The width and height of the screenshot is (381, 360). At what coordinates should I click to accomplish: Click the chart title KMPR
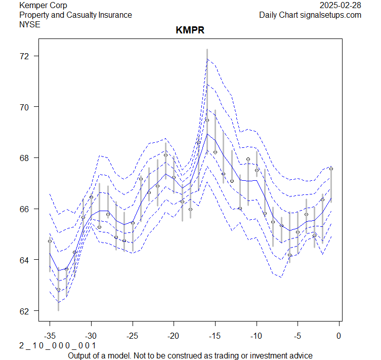coord(190,30)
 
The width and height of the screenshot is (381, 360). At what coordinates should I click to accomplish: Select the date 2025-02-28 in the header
coord(341,5)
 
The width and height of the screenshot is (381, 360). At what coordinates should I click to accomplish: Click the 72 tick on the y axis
coord(24,56)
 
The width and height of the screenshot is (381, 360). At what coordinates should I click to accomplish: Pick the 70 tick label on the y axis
coord(24,107)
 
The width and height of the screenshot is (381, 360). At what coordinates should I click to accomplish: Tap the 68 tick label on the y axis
coord(24,158)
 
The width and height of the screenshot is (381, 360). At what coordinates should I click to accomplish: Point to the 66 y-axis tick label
coord(24,209)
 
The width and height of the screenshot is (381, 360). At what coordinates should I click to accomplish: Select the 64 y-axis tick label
coord(24,260)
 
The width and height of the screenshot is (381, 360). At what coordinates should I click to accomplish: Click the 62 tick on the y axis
coord(24,310)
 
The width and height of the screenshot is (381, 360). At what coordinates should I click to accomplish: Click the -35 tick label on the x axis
coord(50,335)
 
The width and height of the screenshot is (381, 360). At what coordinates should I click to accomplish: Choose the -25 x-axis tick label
coord(133,335)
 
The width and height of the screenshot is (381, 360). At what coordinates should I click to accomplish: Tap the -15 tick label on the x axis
coord(215,335)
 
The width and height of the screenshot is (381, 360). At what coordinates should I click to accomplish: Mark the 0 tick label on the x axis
coord(339,335)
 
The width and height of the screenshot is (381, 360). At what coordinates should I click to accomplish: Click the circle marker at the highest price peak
coord(207,120)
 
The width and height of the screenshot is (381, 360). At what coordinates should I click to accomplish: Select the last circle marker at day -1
coord(331,169)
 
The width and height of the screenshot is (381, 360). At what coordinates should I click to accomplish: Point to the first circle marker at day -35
coord(50,241)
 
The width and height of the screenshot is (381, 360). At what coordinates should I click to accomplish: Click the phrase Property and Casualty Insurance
coord(75,15)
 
